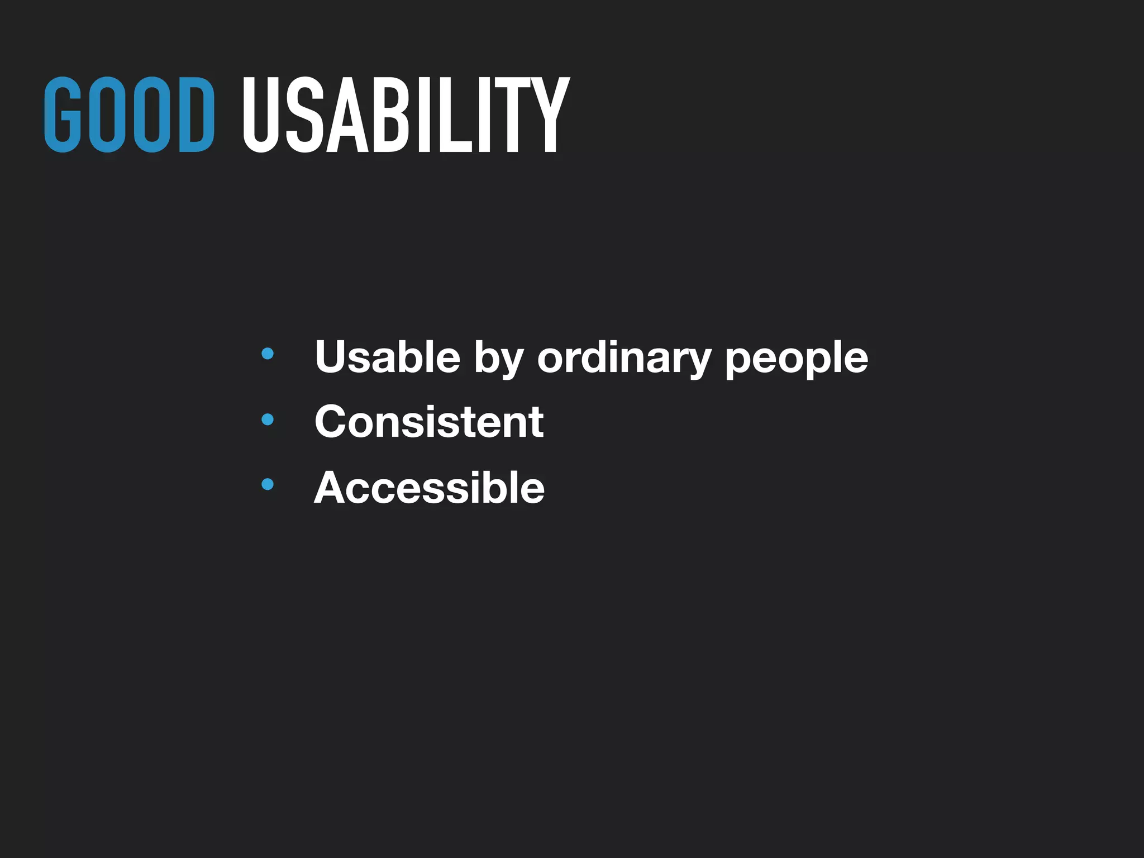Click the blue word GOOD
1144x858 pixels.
pos(129,115)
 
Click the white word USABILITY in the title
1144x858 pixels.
pos(406,115)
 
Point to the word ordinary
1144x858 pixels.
pos(623,357)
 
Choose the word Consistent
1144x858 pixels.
pos(429,422)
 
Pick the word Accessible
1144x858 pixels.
pos(429,488)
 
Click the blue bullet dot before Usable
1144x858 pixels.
pos(268,354)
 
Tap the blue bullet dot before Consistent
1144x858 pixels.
pos(268,419)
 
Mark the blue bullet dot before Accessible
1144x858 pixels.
pos(268,484)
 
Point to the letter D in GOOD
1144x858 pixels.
pos(196,115)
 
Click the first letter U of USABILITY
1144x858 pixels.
pos(260,115)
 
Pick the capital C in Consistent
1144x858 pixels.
pos(333,422)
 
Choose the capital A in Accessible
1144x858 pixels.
pos(334,488)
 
